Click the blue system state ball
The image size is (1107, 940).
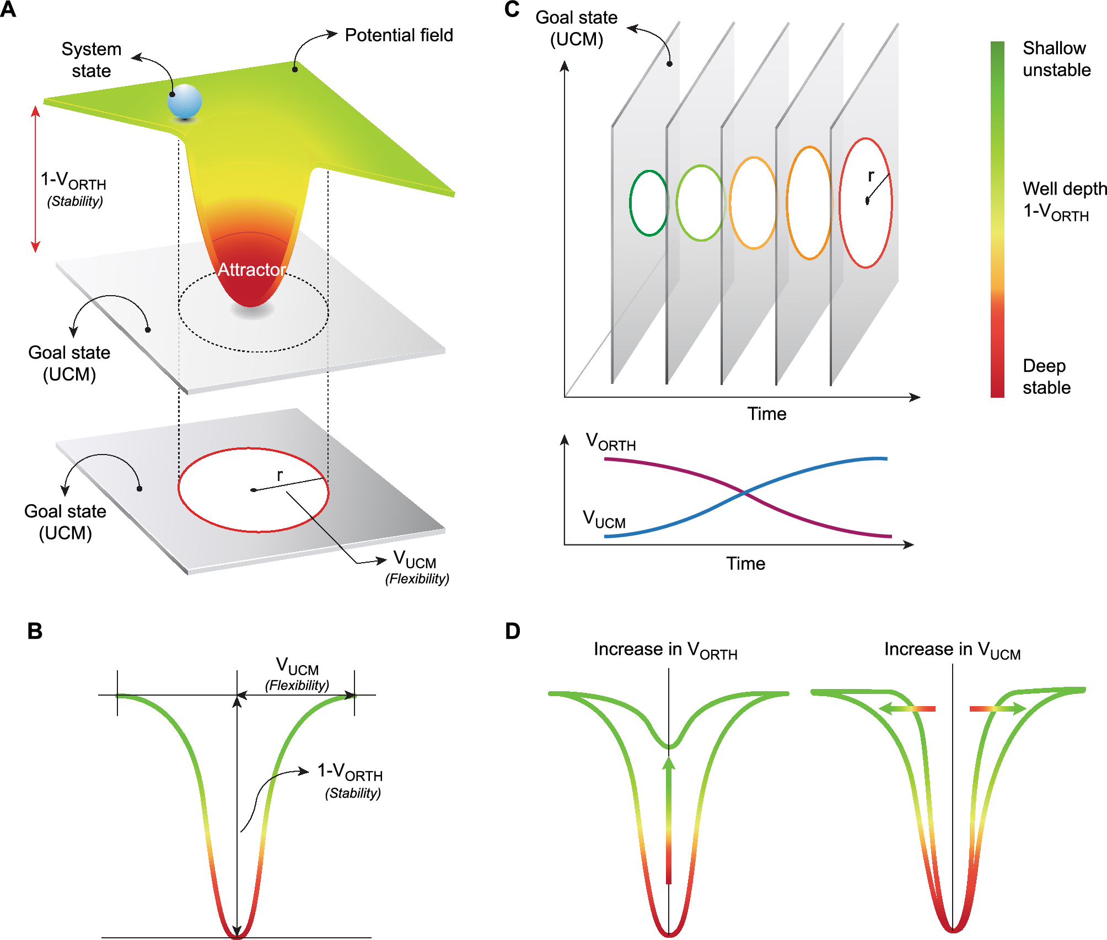click(x=185, y=101)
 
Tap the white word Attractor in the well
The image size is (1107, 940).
click(x=251, y=269)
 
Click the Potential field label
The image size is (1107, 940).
click(x=398, y=35)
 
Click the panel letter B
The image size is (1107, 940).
click(x=35, y=631)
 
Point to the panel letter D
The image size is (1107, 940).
click(x=512, y=631)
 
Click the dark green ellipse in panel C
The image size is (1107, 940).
click(x=649, y=204)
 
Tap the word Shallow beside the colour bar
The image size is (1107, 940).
click(x=1054, y=49)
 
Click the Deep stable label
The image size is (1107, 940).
click(x=1046, y=377)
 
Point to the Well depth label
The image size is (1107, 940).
click(x=1064, y=189)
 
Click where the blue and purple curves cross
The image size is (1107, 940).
click(x=744, y=492)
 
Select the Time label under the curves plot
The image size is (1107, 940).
click(x=745, y=563)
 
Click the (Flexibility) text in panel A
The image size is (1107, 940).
click(x=417, y=579)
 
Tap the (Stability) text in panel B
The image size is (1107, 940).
click(x=353, y=793)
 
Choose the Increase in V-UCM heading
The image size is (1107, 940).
click(x=952, y=650)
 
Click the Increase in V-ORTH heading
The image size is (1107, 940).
click(x=665, y=650)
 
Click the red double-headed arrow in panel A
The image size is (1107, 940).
click(x=35, y=179)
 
